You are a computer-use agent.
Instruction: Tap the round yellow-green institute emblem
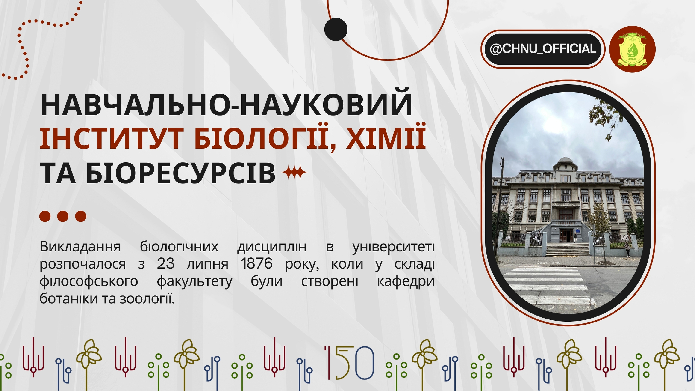(632, 49)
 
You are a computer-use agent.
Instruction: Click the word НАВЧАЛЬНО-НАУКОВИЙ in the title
(226, 105)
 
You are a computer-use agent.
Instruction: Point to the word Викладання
(80, 247)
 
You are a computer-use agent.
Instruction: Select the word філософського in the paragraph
(89, 281)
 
